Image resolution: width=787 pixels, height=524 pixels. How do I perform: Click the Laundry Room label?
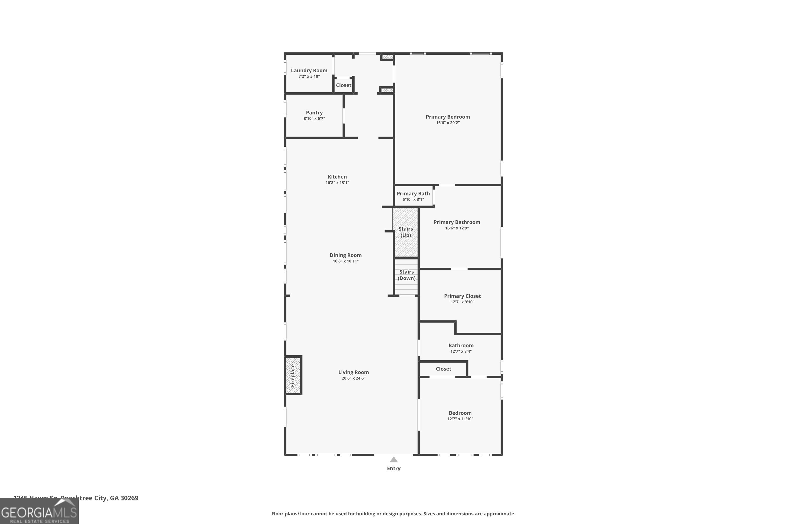coord(309,70)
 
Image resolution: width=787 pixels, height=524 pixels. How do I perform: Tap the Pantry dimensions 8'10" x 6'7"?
coord(314,119)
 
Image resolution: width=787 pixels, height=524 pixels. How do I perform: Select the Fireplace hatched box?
coord(293,375)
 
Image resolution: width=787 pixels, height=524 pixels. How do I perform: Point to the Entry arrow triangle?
coord(393,460)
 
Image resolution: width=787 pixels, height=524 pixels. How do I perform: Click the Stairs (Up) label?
coord(406,232)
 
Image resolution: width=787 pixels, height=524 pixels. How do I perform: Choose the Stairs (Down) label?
coord(407,275)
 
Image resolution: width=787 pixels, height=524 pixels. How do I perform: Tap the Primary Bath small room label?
coord(413,194)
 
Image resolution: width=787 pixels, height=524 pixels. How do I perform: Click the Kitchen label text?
coord(337,177)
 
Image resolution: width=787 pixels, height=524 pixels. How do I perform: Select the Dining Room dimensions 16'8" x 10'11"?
coord(346,261)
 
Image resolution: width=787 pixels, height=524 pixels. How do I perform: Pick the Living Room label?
coord(353,372)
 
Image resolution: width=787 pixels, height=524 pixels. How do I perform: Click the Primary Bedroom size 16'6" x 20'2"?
coord(448,123)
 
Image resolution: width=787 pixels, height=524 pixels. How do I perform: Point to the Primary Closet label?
coord(462,296)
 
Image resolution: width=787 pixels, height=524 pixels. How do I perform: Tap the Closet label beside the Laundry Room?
coord(344,85)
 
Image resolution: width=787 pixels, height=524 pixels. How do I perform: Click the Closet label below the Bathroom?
coord(443,369)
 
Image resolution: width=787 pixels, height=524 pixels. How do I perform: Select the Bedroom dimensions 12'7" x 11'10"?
coord(460,419)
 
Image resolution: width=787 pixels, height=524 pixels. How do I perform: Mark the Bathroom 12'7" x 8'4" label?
coord(461,348)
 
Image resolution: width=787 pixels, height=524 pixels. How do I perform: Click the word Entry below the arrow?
coord(393,468)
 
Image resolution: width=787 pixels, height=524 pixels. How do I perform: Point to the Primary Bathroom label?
coord(457,222)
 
